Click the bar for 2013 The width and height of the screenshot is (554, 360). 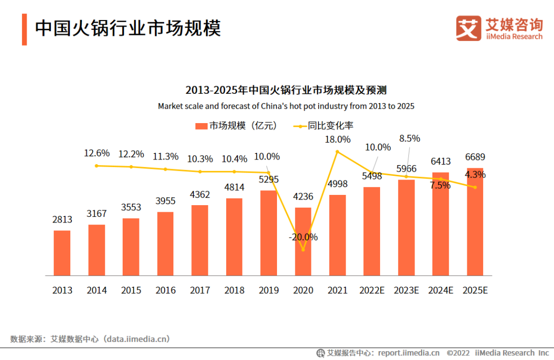62,253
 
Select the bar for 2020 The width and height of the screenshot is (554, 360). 303,242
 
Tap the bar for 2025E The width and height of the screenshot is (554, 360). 475,222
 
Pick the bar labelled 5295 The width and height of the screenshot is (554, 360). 269,233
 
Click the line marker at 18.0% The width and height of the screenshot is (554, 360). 338,151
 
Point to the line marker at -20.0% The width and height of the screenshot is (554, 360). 303,250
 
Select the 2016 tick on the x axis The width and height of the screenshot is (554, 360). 165,290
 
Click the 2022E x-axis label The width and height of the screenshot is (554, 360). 372,290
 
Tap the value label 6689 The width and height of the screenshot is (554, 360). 475,157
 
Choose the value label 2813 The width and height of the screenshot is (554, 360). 62,219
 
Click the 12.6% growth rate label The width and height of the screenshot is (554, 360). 97,153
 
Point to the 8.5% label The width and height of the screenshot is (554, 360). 410,138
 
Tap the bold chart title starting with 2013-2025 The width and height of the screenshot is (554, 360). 286,91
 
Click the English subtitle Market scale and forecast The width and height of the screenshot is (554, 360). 286,106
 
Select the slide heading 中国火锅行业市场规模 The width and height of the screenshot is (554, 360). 128,29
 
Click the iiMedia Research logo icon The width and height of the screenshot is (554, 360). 469,28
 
